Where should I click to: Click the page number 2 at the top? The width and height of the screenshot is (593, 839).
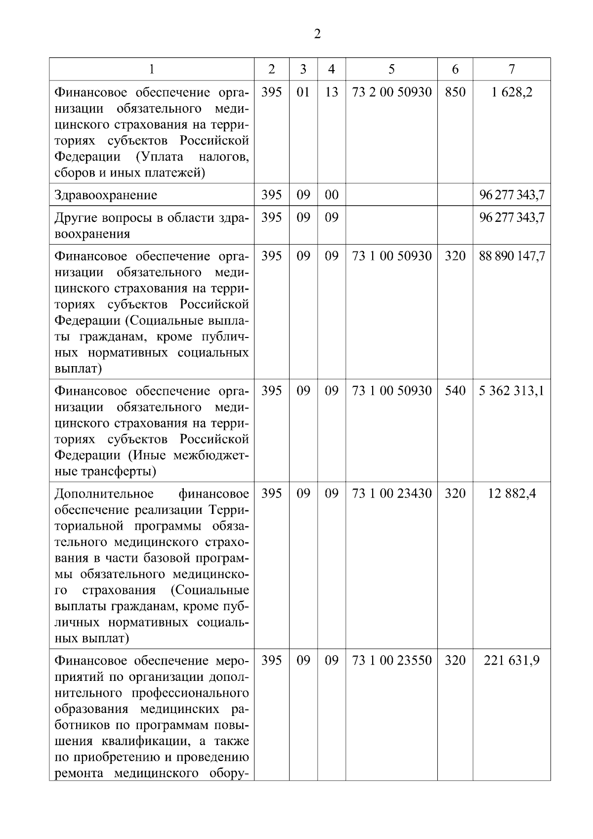click(317, 34)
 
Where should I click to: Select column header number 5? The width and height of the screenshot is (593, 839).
click(391, 69)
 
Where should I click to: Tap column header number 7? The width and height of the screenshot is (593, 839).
click(511, 69)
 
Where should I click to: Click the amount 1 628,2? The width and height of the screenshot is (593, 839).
click(512, 92)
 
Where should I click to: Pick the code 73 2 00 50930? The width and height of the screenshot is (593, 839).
click(391, 92)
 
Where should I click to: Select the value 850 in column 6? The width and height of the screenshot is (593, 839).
click(455, 92)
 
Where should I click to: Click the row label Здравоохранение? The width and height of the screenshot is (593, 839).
click(106, 195)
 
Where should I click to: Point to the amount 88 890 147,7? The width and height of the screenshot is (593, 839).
click(512, 256)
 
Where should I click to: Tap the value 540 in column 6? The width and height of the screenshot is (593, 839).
click(455, 391)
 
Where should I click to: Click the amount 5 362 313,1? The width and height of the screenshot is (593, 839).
click(512, 391)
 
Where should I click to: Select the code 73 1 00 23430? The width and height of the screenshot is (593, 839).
click(391, 494)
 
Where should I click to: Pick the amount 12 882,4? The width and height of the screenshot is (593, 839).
click(512, 494)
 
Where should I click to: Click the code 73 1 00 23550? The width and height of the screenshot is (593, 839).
click(391, 661)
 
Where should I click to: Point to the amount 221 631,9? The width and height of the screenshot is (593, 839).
click(512, 661)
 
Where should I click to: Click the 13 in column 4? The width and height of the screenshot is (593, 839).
click(332, 92)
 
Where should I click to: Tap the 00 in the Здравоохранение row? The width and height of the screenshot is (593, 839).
click(332, 195)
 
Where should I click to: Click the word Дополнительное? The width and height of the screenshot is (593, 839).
click(104, 494)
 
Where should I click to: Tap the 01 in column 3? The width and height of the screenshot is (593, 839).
click(303, 92)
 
